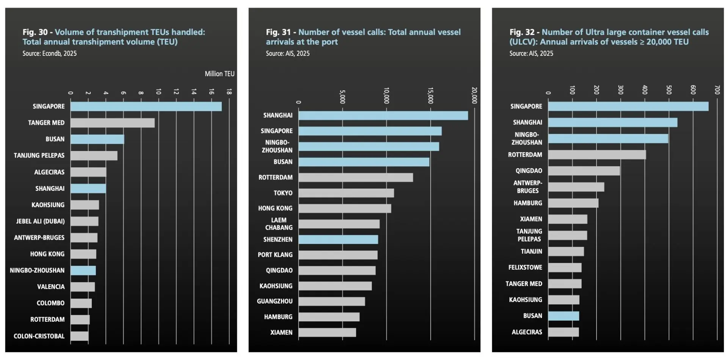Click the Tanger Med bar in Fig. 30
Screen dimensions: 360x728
[112, 123]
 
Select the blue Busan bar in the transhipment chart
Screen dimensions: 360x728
[97, 139]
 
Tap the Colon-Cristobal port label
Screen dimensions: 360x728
[39, 336]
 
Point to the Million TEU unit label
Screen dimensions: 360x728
[220, 74]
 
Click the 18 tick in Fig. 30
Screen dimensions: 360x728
[229, 92]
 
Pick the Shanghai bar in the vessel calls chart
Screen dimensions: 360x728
[383, 116]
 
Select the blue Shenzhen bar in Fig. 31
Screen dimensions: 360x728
[338, 240]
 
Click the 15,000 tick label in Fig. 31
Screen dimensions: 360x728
[430, 96]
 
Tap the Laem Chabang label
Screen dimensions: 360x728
[279, 224]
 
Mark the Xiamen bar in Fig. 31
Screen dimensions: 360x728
[327, 333]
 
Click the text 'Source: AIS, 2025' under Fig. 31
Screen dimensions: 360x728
[287, 53]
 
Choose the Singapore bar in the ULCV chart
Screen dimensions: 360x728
[628, 107]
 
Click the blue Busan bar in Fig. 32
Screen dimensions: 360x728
[563, 316]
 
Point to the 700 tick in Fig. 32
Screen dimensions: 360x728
[717, 90]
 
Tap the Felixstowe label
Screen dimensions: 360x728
[525, 267]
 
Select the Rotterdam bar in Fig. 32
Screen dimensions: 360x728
[597, 155]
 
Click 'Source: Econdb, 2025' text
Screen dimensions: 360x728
[49, 53]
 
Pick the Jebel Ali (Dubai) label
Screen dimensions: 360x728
[40, 221]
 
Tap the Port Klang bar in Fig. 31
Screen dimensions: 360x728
[338, 255]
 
